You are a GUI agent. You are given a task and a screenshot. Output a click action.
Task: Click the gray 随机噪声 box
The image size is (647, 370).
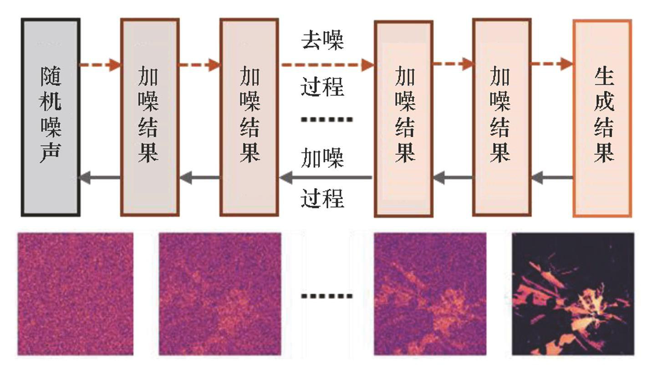(x=51, y=117)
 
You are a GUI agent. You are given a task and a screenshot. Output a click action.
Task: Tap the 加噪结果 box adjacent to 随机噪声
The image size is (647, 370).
(x=150, y=117)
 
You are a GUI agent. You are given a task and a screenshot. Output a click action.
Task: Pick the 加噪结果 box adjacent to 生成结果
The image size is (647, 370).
(x=501, y=117)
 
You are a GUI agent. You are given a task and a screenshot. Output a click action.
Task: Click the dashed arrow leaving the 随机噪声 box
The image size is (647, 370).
(x=100, y=65)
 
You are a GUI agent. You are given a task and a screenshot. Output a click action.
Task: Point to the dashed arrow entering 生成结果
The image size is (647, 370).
(x=552, y=64)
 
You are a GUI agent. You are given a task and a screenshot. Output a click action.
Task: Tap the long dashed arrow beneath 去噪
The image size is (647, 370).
(x=326, y=65)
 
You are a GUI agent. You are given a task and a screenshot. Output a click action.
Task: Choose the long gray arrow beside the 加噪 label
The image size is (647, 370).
(x=326, y=177)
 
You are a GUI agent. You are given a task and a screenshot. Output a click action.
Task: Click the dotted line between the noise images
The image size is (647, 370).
(x=326, y=296)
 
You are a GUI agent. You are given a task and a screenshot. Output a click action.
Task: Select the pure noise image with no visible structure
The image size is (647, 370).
(x=76, y=294)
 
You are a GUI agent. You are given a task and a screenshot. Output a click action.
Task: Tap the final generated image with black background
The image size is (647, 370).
(x=573, y=294)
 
